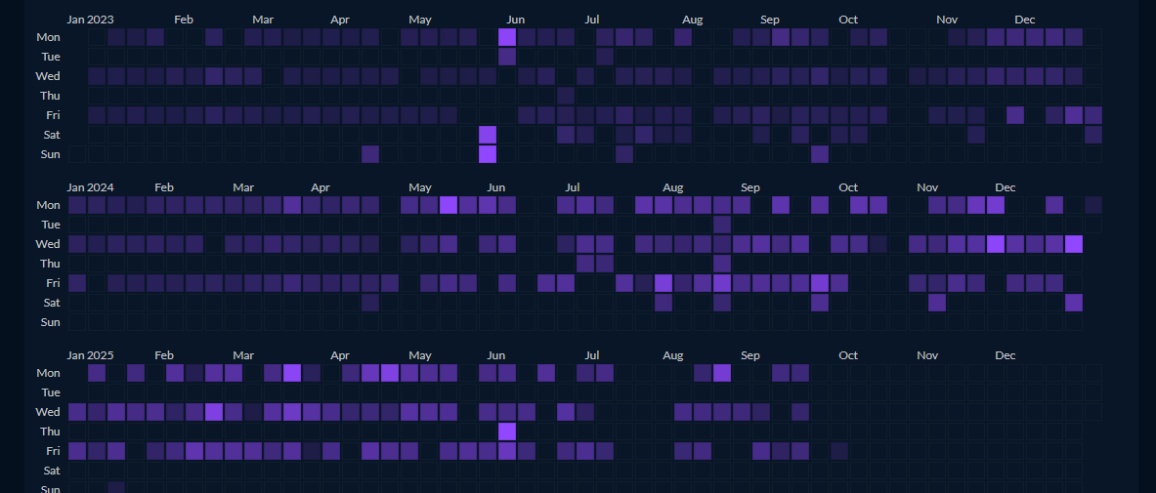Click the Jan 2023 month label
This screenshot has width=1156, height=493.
pos(90,20)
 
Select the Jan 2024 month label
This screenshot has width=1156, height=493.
pos(90,187)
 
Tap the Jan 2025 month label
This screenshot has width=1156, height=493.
pos(90,355)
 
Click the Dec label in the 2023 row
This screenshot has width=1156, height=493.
pos(1025,20)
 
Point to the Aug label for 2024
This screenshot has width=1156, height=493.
pos(673,187)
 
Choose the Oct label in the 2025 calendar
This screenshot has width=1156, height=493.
pos(848,355)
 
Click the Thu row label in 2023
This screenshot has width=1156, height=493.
pos(50,96)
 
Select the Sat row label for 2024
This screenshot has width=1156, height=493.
pos(51,303)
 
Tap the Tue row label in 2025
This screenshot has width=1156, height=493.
pos(50,392)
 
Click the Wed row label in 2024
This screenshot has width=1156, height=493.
pos(48,244)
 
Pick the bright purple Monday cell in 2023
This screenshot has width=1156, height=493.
pos(507,37)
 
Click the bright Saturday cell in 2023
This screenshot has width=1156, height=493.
pos(488,135)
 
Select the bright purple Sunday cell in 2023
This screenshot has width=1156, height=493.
pos(488,154)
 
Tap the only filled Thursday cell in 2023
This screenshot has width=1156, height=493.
pos(566,96)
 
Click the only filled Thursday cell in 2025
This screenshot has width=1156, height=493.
pos(507,431)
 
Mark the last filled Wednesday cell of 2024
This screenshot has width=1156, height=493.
pos(1074,244)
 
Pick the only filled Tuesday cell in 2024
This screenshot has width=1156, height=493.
pos(722,225)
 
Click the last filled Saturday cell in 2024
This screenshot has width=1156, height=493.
pos(1074,303)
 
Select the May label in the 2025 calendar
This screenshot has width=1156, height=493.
pos(420,355)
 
